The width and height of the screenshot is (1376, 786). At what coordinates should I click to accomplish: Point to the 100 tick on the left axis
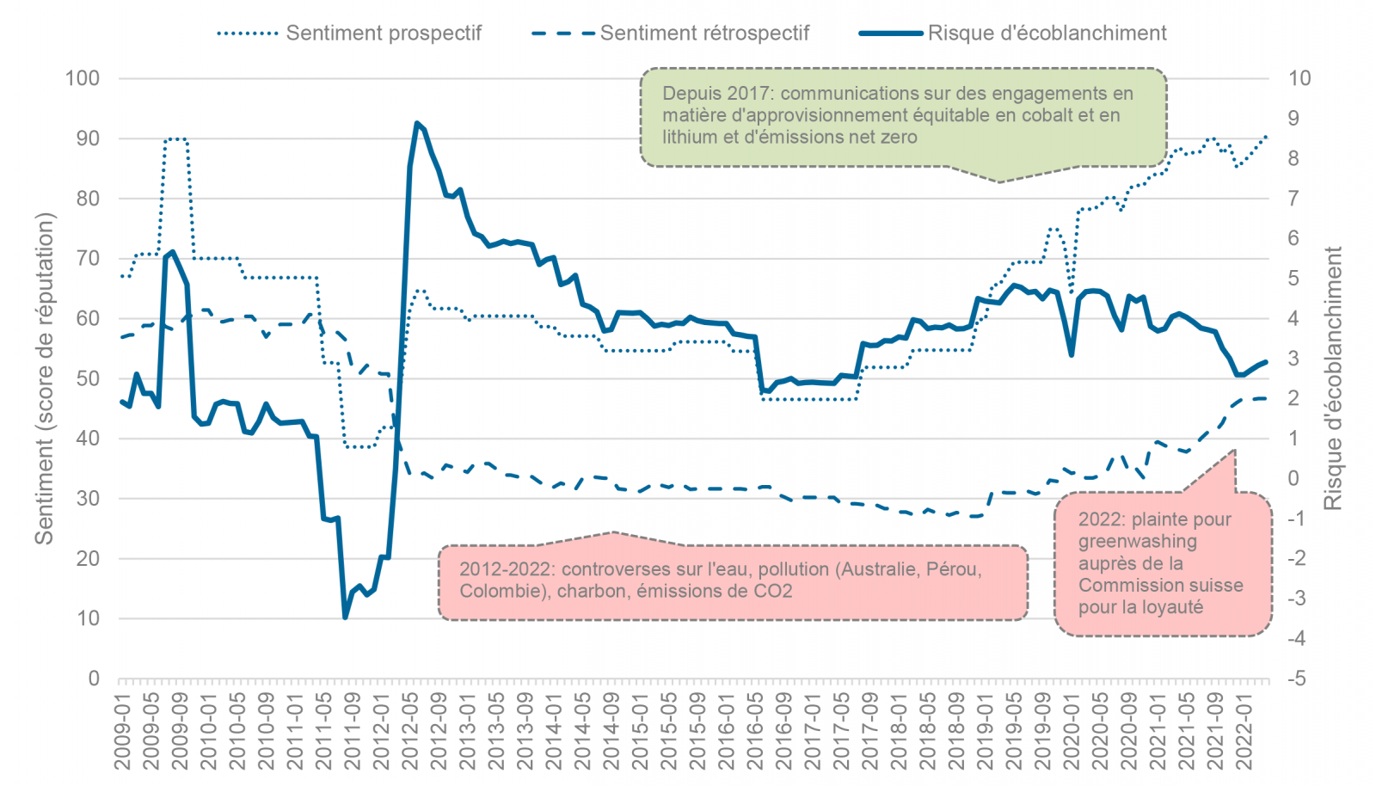click(x=83, y=78)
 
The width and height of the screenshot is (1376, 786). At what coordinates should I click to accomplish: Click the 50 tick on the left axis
click(x=89, y=378)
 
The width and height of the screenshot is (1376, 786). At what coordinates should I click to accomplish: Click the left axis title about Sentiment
click(x=44, y=378)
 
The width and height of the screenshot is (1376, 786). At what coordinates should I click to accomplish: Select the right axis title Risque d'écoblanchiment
click(x=1333, y=378)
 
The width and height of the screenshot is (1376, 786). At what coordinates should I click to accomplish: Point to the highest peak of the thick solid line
click(x=417, y=123)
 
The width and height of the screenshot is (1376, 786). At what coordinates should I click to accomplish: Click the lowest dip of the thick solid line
click(x=345, y=617)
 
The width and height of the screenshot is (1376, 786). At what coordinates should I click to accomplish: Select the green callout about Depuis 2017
click(x=903, y=116)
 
